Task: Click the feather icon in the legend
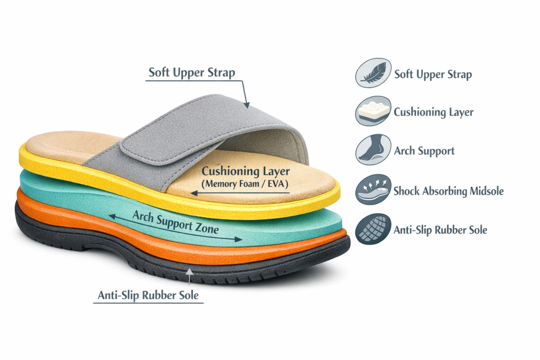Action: click(x=373, y=74)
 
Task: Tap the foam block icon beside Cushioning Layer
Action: click(x=373, y=111)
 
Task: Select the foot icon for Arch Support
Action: click(x=373, y=150)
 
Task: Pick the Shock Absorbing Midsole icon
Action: click(x=373, y=190)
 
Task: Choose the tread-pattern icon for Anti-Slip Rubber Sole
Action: click(x=373, y=229)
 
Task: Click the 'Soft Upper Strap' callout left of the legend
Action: click(x=192, y=72)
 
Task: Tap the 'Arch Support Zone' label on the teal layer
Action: click(x=175, y=222)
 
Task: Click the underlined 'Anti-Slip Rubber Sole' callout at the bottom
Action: click(x=148, y=296)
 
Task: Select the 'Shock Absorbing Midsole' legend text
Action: click(x=448, y=191)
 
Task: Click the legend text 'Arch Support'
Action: click(x=424, y=151)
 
